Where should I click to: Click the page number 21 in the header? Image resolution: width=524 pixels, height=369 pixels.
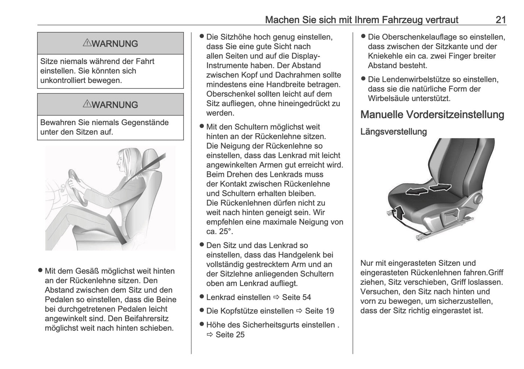[500, 20]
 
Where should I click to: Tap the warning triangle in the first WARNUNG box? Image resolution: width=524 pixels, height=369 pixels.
[87, 43]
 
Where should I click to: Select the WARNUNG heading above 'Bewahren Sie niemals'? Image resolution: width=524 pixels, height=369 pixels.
[111, 105]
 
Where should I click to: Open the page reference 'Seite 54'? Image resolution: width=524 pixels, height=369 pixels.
[296, 297]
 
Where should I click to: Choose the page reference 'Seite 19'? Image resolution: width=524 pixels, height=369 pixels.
[319, 311]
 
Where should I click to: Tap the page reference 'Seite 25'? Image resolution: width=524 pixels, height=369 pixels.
[230, 335]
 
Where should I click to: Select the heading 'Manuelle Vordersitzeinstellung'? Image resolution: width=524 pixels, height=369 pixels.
[432, 115]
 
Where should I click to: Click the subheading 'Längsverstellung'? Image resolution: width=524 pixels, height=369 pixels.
[393, 132]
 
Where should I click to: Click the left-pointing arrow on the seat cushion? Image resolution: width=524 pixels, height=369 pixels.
[415, 191]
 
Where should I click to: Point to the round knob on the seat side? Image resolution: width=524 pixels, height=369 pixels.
[478, 198]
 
